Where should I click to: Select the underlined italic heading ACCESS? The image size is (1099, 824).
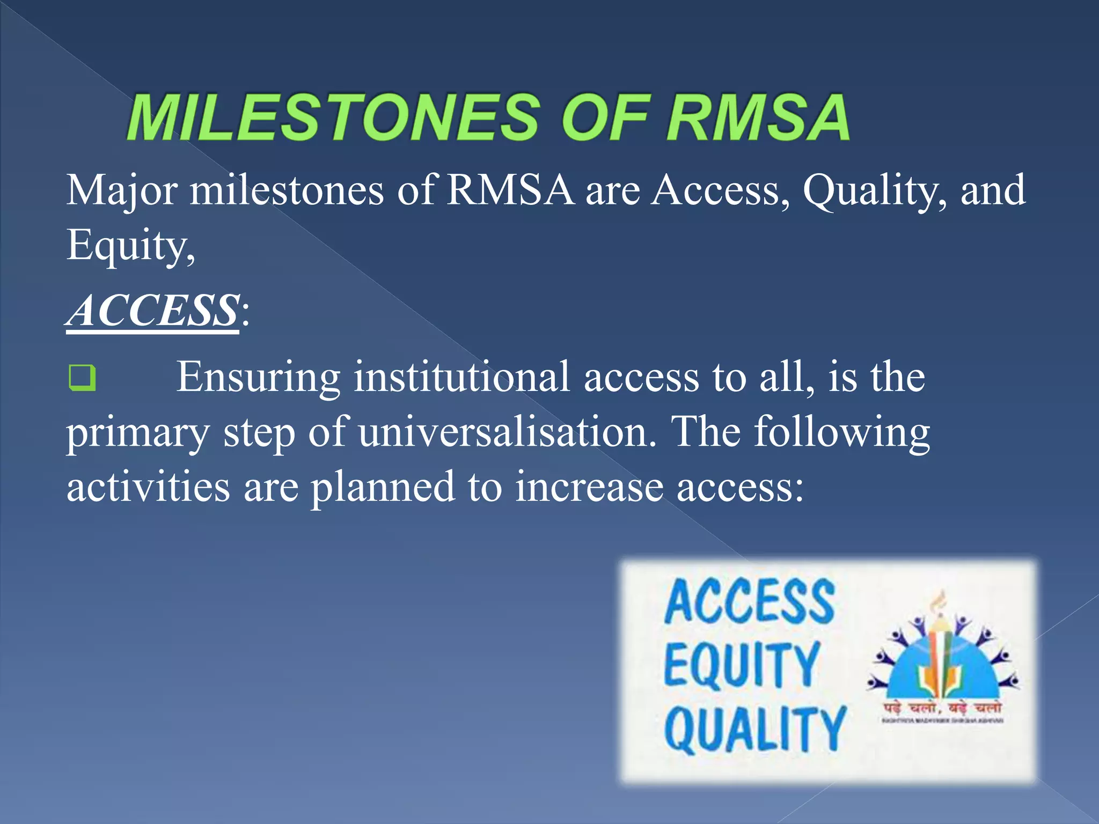click(153, 311)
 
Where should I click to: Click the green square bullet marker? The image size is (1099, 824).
click(83, 378)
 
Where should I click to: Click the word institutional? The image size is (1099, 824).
click(461, 378)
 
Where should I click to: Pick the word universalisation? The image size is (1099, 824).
click(507, 432)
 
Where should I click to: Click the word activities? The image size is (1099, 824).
click(148, 487)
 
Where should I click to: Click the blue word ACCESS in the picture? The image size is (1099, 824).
click(749, 602)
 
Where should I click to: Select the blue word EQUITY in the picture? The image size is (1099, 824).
click(742, 665)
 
